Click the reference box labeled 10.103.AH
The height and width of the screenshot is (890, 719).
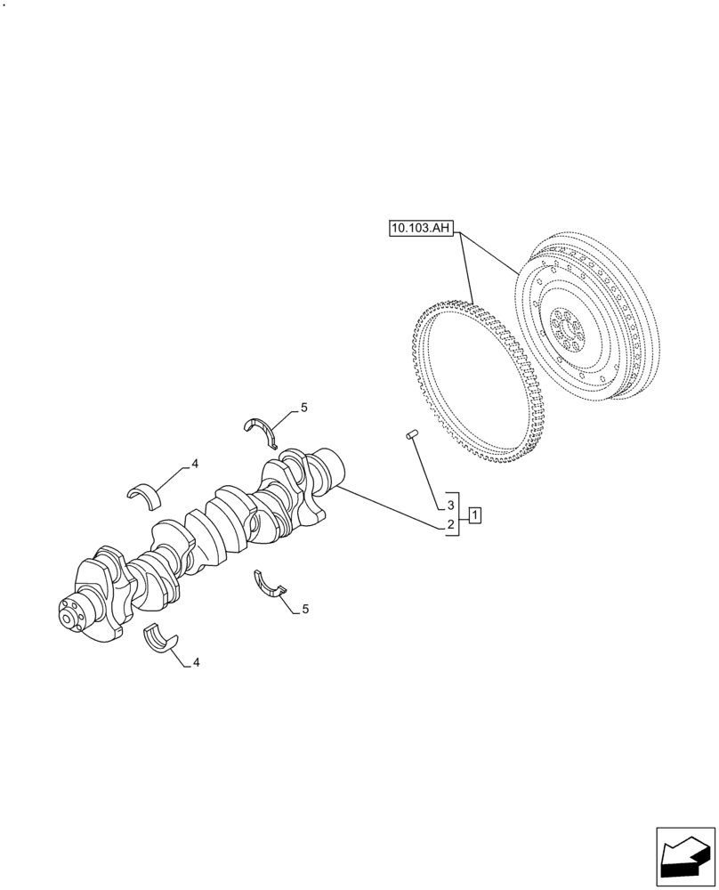point(422,230)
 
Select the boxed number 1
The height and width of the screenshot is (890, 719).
point(476,515)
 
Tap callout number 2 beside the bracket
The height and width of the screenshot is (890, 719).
point(451,525)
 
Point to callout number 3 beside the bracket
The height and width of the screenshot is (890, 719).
point(451,505)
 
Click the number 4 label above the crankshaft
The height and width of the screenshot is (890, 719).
point(194,465)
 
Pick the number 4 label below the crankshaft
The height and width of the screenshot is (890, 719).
point(195,662)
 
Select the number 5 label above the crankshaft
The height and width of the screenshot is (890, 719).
point(303,408)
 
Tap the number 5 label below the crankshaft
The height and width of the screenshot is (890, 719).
point(305,610)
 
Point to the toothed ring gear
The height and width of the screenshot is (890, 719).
point(472,383)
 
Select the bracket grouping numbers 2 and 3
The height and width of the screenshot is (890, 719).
point(460,514)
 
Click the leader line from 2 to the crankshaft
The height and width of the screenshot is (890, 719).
point(392,507)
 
